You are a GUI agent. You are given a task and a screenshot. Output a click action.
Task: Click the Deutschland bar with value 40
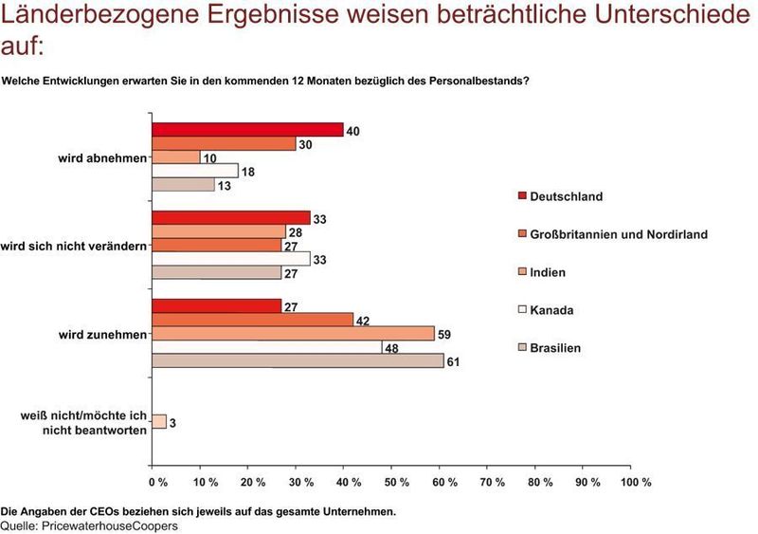pos(246,130)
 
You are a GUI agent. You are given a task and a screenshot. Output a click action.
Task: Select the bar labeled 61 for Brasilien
pos(297,360)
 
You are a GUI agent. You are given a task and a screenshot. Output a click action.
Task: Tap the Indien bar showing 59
pos(292,333)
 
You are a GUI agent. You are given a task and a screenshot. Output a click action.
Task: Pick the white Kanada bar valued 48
pos(266,347)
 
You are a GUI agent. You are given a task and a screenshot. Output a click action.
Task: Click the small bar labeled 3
pos(159,421)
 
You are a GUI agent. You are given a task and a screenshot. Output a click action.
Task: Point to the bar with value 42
pos(252,320)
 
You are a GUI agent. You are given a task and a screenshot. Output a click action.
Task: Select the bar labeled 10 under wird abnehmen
pos(175,157)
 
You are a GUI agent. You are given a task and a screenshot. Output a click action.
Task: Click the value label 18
pos(248,171)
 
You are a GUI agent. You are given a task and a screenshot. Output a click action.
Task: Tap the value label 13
pos(225,185)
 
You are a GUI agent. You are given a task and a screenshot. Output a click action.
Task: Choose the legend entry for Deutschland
pos(566,196)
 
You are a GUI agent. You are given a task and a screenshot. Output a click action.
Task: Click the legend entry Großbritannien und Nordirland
pos(618,234)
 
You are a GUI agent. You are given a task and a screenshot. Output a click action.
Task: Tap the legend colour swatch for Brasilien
pos(520,348)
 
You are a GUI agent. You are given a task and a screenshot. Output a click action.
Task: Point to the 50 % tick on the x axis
pos(398,482)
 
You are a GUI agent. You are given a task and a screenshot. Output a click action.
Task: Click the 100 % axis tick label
pos(635,482)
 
